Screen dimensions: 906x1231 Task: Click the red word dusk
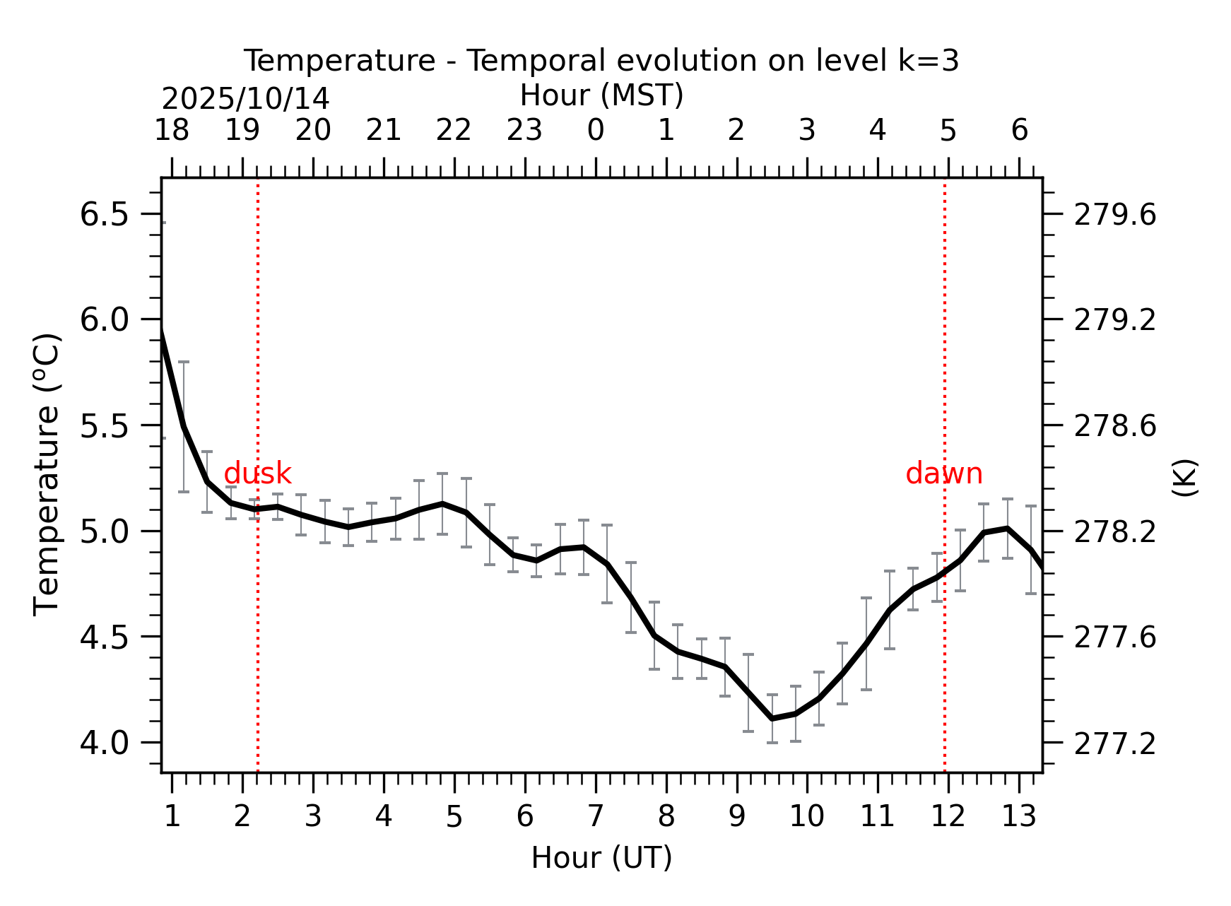[257, 473]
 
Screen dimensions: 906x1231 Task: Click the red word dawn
[943, 473]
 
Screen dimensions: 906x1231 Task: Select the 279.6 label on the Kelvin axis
[1115, 215]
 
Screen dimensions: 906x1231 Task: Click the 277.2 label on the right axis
[1115, 743]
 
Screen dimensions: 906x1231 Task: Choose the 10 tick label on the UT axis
[807, 817]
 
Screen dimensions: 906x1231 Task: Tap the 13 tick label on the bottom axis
[1019, 817]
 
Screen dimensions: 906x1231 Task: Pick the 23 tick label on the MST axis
[524, 131]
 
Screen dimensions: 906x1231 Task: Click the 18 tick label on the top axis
[172, 131]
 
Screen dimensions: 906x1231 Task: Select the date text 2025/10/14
[245, 99]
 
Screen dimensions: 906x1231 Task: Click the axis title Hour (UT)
[601, 858]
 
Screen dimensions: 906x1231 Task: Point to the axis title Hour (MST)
[601, 95]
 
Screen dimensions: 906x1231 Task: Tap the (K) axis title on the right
[1184, 478]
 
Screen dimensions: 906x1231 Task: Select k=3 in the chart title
[929, 61]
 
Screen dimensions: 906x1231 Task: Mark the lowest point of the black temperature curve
[772, 718]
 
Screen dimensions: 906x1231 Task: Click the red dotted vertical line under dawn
[945, 636]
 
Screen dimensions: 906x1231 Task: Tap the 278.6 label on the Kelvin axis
[1115, 426]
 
